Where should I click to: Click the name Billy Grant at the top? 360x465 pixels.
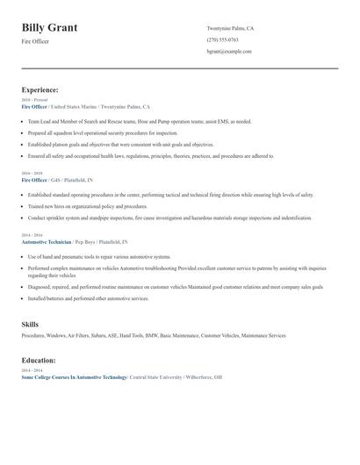coord(49,27)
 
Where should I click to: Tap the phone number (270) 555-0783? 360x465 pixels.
coord(222,39)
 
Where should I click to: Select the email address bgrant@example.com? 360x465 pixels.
coord(229,51)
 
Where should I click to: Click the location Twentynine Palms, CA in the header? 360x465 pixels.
coord(230,28)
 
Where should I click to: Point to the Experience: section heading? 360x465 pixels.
coord(40,89)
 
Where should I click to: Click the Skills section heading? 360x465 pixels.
coord(30,325)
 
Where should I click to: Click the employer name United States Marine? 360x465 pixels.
coord(76,105)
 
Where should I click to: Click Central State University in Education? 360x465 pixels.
coord(155,376)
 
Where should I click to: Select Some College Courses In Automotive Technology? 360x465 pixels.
coord(74,376)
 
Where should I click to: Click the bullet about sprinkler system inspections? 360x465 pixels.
coord(169,217)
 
